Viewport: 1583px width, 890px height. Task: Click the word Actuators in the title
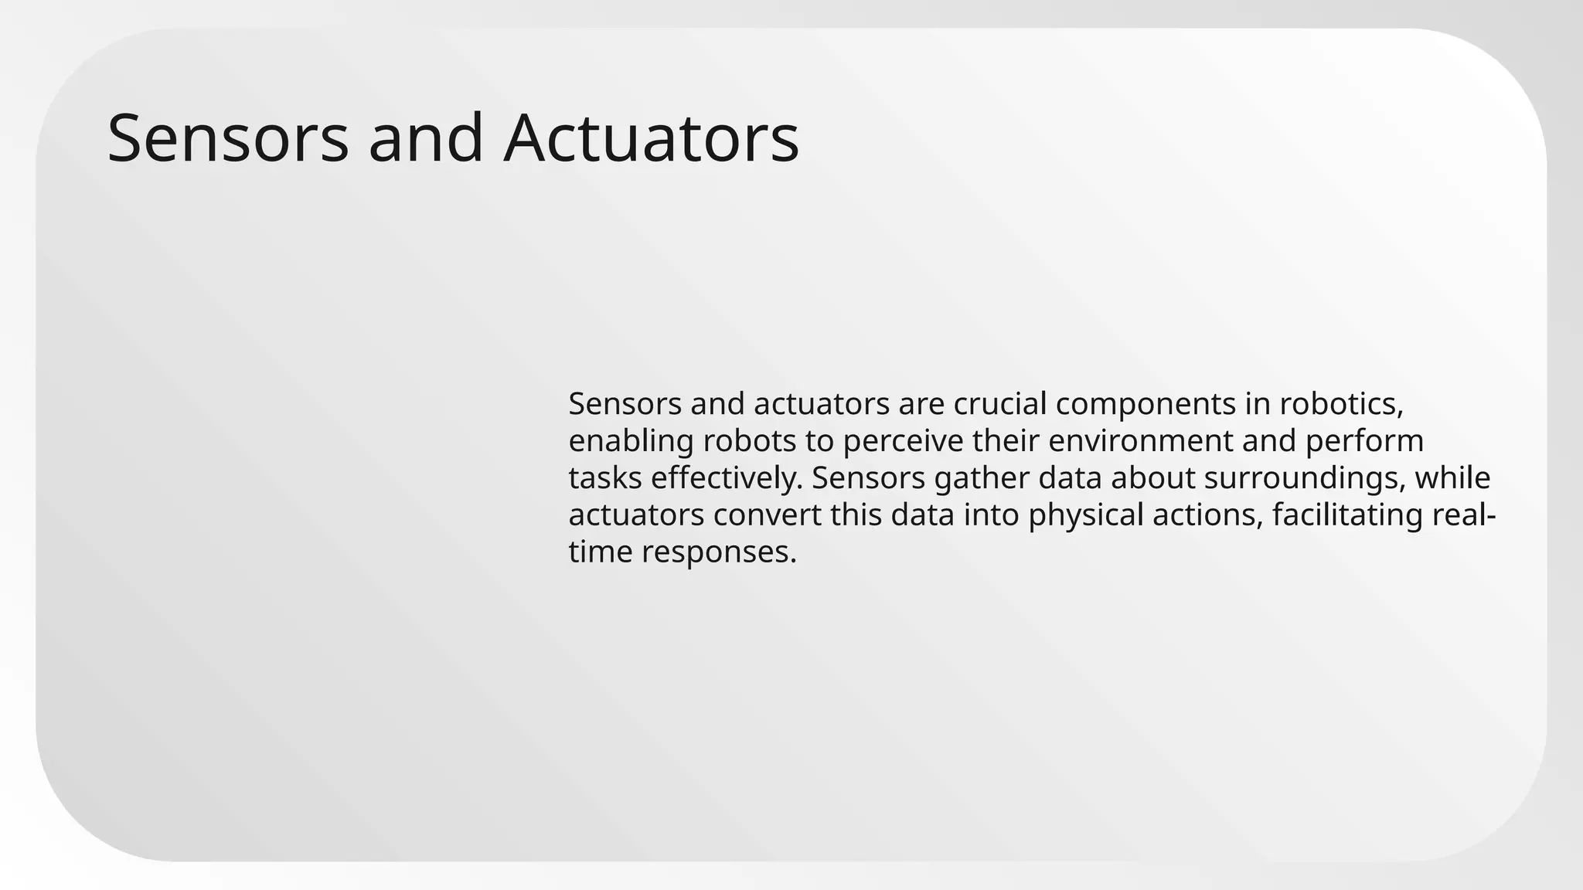[x=651, y=139]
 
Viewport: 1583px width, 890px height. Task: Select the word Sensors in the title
[x=228, y=139]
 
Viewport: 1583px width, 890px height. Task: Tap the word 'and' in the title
[x=426, y=139]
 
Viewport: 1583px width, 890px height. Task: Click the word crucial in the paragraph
[x=1000, y=404]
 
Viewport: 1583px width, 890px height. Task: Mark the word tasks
[x=605, y=478]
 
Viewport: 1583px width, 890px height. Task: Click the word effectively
[x=727, y=479]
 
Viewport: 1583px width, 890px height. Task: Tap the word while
[x=1452, y=478]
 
